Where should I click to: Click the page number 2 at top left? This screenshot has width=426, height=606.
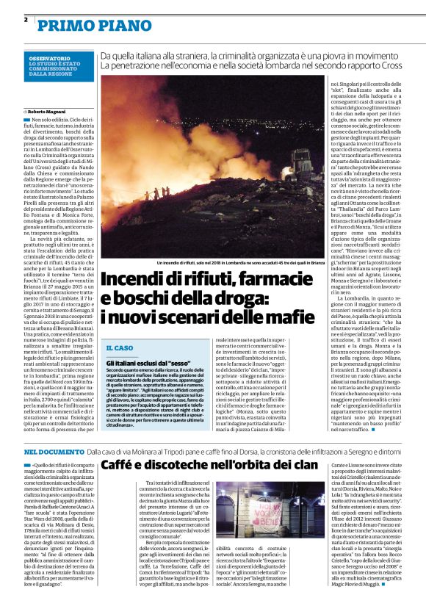(x=26, y=20)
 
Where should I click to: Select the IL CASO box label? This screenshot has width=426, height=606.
(x=120, y=347)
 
